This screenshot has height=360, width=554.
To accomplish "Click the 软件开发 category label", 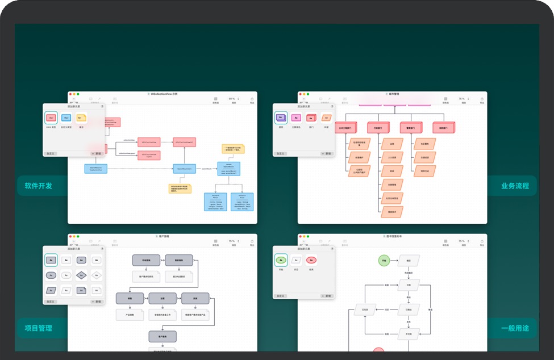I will pyautogui.click(x=38, y=186).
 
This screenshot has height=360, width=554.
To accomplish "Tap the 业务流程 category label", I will pyautogui.click(x=515, y=186).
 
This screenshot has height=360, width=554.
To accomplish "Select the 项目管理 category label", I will pyautogui.click(x=38, y=328).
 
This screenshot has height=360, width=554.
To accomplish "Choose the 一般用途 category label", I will pyautogui.click(x=515, y=328).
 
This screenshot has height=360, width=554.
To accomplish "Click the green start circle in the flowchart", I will pyautogui.click(x=384, y=261).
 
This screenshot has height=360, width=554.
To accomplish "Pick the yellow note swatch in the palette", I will pyautogui.click(x=81, y=118).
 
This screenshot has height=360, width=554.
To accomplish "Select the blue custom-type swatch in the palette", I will pyautogui.click(x=66, y=118).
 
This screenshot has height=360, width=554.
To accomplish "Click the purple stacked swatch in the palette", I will pyautogui.click(x=281, y=118).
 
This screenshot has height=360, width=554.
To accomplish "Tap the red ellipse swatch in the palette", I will pyautogui.click(x=310, y=261).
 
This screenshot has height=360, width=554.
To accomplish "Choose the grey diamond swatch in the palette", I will pyautogui.click(x=81, y=275).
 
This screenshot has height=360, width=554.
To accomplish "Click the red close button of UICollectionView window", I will pyautogui.click(x=70, y=94).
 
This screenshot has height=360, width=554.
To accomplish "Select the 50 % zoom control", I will pyautogui.click(x=232, y=99).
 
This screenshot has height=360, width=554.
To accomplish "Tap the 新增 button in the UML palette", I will pyautogui.click(x=97, y=153).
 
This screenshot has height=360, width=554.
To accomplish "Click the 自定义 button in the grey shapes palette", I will pyautogui.click(x=51, y=302).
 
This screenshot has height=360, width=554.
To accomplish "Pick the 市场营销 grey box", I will pyautogui.click(x=147, y=260).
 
